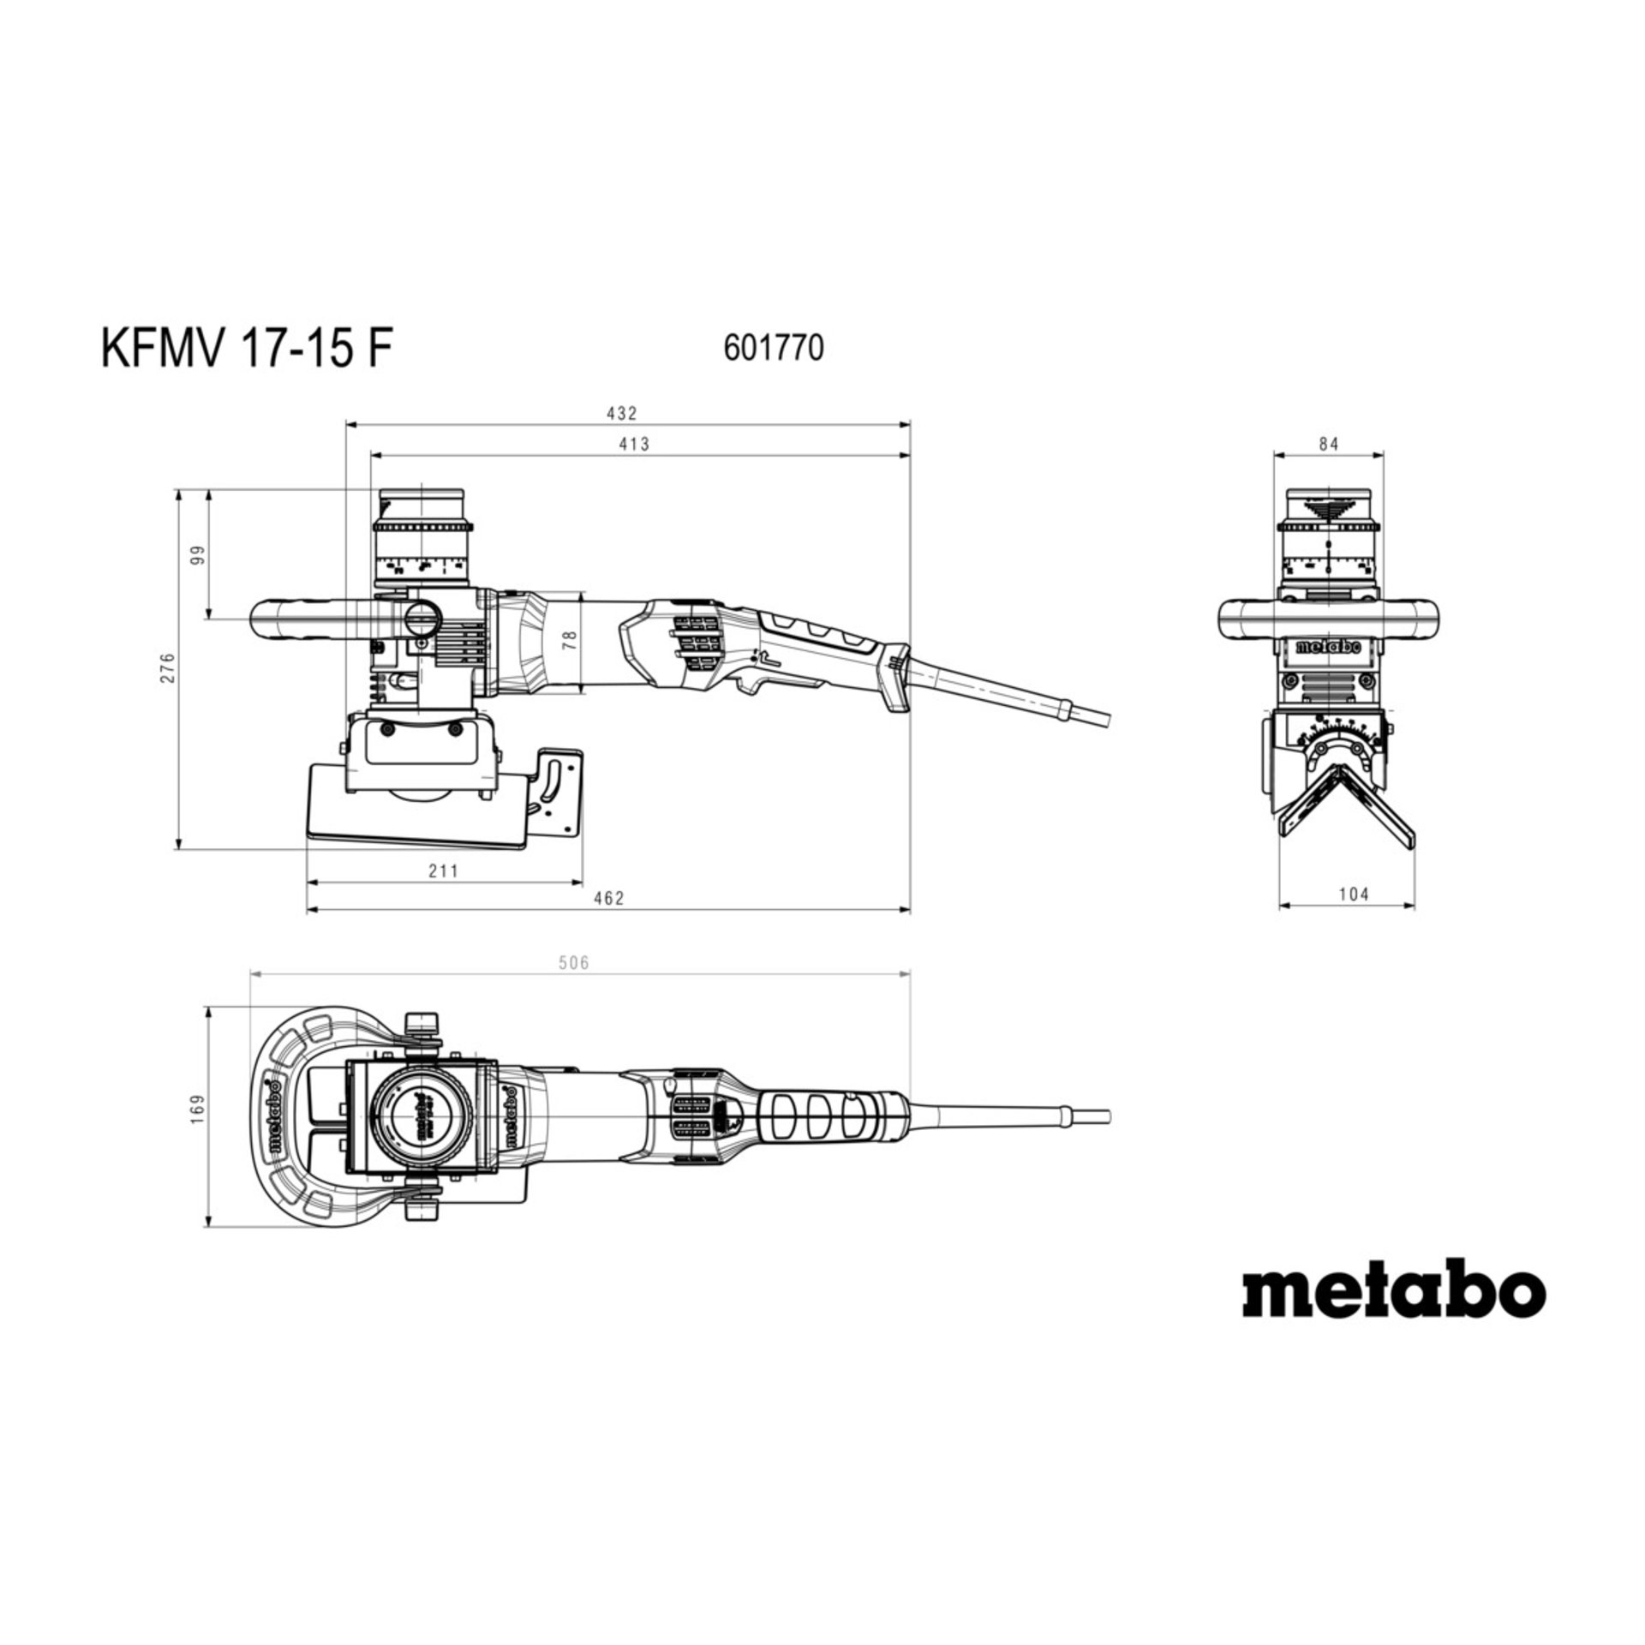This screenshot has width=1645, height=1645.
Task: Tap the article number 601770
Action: (773, 348)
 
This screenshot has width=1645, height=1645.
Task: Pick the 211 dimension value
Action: (444, 870)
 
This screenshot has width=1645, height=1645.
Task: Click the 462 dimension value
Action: (609, 898)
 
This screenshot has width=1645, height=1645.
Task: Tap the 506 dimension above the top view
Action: (574, 963)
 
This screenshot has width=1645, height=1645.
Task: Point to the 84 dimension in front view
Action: (1328, 444)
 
